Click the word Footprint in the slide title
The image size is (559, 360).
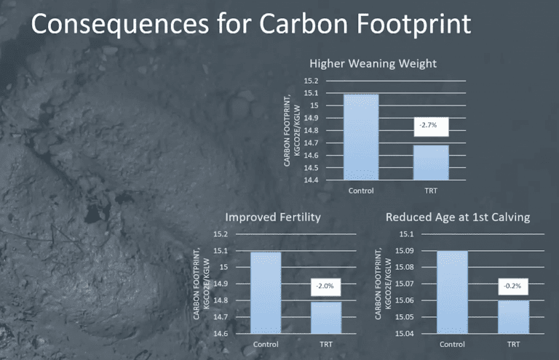coord(413,24)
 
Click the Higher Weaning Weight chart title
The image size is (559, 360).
coord(373,63)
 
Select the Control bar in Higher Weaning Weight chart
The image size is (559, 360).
coord(361,137)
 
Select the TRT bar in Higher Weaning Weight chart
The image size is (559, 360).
coord(431,162)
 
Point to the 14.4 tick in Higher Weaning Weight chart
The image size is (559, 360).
coord(311,180)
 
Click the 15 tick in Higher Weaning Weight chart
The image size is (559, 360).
coord(314,105)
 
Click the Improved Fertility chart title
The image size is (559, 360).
coord(273,217)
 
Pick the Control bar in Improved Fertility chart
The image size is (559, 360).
coord(266,292)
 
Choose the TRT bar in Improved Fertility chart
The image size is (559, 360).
coord(326,318)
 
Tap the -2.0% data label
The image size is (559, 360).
coord(325,287)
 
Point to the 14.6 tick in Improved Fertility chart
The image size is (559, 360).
coord(221,334)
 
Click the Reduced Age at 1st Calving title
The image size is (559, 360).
coord(458,217)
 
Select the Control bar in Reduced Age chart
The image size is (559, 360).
coord(453,292)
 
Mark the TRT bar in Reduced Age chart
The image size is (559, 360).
coord(513,317)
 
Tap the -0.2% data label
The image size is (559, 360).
coord(513,287)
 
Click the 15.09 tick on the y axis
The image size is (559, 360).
coord(405,251)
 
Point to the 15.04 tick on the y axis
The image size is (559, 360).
coord(405,334)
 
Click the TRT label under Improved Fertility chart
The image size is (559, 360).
coord(326,344)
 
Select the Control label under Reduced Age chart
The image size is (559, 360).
coord(452,344)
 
